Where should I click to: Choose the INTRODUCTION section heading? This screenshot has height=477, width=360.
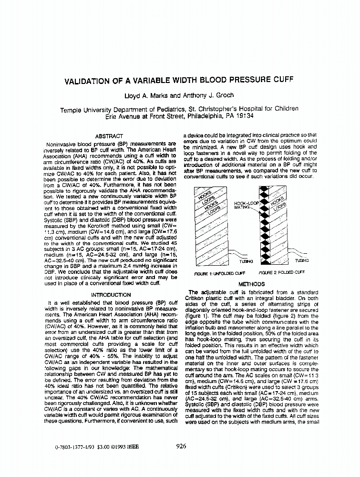coord(111,295)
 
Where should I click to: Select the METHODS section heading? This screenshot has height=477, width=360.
coord(251,285)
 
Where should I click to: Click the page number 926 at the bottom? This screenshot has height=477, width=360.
coord(181,447)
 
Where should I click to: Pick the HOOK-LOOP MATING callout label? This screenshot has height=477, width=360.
coord(246,206)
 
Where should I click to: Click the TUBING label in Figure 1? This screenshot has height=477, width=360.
coord(237,261)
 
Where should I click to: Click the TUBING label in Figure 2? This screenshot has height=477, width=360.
coord(302,261)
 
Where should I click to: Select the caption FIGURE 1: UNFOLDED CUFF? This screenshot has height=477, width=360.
coord(220,273)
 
